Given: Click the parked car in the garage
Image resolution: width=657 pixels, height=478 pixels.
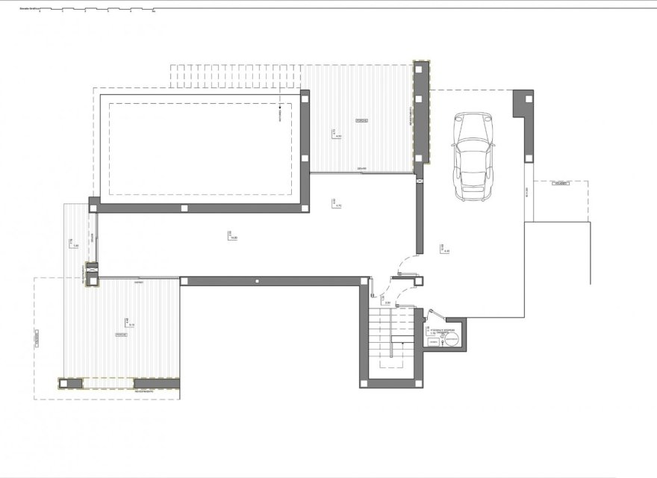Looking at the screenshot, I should [x=473, y=156].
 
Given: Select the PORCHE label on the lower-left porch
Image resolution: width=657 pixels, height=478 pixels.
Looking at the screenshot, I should [x=121, y=335].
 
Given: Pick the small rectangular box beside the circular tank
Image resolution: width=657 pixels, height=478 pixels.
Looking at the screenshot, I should [x=433, y=341].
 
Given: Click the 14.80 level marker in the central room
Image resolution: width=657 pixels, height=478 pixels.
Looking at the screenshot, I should [x=231, y=236].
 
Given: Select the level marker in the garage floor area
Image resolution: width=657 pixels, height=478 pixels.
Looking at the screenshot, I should [x=444, y=249].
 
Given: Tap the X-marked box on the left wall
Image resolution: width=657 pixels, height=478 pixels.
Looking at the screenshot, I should [x=92, y=267].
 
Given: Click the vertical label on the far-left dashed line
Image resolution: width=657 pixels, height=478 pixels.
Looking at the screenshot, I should [x=36, y=340].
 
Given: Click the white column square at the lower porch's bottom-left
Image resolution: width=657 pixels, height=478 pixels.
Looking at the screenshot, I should [x=71, y=384].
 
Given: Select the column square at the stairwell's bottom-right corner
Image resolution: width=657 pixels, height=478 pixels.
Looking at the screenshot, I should [x=417, y=383].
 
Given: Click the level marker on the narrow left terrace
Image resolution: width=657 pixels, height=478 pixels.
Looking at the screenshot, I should [x=73, y=242].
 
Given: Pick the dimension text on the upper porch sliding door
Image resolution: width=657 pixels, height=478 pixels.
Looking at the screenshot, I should [x=361, y=168].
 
